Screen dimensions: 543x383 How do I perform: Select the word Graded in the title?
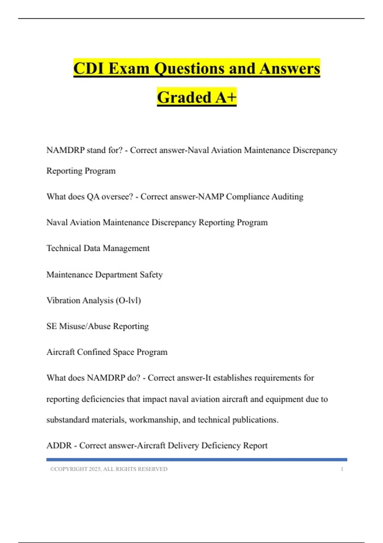pyautogui.click(x=184, y=97)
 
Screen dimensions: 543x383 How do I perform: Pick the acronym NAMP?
pyautogui.click(x=211, y=197)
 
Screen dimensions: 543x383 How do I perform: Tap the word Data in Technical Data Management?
pyautogui.click(x=92, y=248)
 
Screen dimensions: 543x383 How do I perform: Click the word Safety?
pyautogui.click(x=151, y=275)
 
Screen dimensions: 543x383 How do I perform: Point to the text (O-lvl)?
pyautogui.click(x=128, y=301)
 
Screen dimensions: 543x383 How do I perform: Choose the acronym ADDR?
pyautogui.click(x=59, y=446)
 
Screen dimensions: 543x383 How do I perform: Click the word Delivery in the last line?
pyautogui.click(x=183, y=446)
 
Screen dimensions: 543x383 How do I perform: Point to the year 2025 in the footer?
pyautogui.click(x=95, y=469)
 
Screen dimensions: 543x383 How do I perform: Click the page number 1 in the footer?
pyautogui.click(x=342, y=469)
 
